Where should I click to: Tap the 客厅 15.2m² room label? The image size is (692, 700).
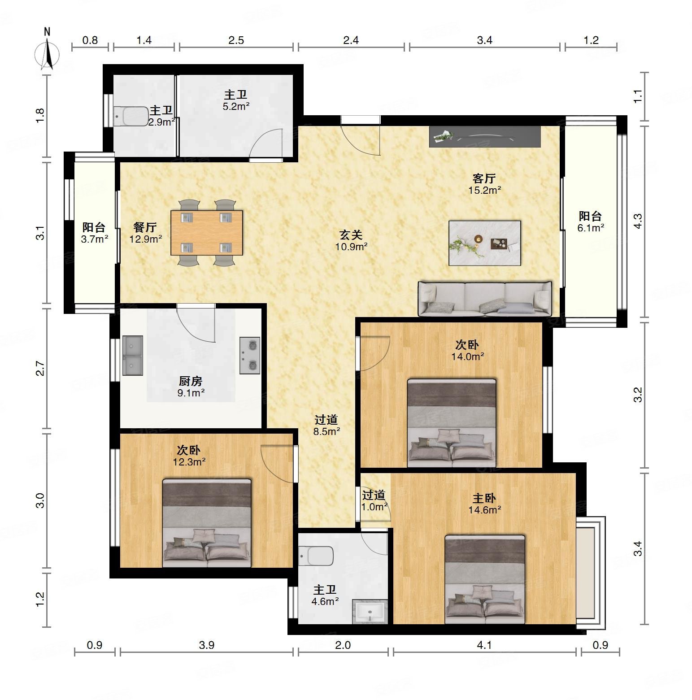click(484, 184)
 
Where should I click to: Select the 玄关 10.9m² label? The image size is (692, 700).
click(351, 240)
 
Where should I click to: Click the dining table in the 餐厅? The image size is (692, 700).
click(207, 233)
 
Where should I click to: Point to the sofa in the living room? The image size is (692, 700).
click(485, 298)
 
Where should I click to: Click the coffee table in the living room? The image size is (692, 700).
click(485, 243)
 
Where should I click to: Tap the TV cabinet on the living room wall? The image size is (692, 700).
click(485, 136)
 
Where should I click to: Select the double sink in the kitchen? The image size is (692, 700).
click(132, 355)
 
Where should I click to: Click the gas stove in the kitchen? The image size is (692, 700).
click(250, 355)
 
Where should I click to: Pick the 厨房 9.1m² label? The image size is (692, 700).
click(191, 387)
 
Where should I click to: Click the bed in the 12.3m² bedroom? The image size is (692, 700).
click(207, 523)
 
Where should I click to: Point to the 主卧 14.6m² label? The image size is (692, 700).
click(484, 504)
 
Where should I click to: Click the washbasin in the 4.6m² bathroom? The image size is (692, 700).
click(370, 612)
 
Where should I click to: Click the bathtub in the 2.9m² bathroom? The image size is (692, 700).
click(131, 117)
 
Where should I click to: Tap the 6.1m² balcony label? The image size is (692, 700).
click(591, 222)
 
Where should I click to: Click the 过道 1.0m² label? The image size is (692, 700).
click(374, 500)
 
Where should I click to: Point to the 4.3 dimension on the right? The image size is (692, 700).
click(638, 221)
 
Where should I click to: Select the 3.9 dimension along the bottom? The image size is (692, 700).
click(206, 645)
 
